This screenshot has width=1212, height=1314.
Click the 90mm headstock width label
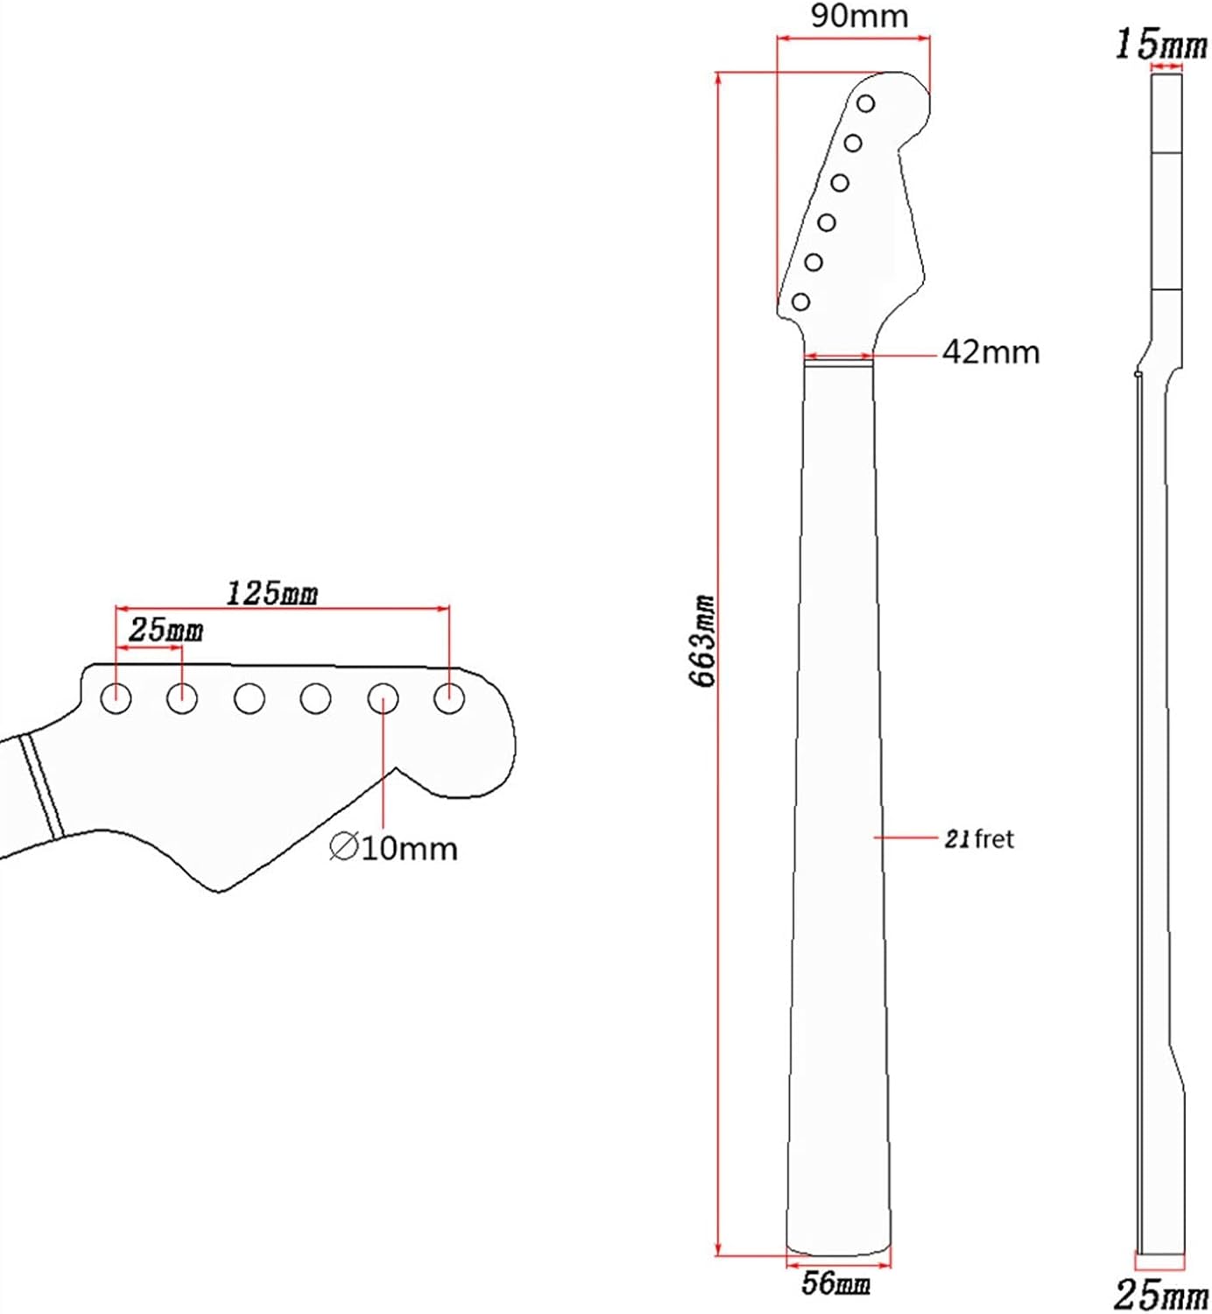pyautogui.click(x=858, y=16)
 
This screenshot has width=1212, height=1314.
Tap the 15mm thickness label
pyautogui.click(x=1160, y=44)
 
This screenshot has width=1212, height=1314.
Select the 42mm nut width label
pyautogui.click(x=990, y=352)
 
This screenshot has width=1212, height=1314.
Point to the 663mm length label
pyautogui.click(x=704, y=641)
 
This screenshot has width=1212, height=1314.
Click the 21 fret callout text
pyautogui.click(x=978, y=839)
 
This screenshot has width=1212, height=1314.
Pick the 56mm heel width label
pyautogui.click(x=836, y=1285)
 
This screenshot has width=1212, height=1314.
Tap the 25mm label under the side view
pyautogui.click(x=1160, y=1294)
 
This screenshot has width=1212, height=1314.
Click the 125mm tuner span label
pyautogui.click(x=272, y=593)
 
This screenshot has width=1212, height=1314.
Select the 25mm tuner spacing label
pyautogui.click(x=166, y=630)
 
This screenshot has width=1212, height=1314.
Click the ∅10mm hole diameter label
pyautogui.click(x=393, y=848)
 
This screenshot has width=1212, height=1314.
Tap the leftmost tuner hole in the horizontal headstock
pyautogui.click(x=116, y=699)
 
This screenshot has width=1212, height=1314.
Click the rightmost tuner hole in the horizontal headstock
pyautogui.click(x=449, y=699)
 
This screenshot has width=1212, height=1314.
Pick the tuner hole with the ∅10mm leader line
pyautogui.click(x=383, y=699)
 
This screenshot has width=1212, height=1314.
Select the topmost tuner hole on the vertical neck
pyautogui.click(x=865, y=104)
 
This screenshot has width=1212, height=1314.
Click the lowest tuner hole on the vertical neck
pyautogui.click(x=800, y=302)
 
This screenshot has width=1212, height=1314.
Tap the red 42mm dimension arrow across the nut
pyautogui.click(x=838, y=357)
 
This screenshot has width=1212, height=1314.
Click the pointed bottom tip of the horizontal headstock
pyautogui.click(x=219, y=891)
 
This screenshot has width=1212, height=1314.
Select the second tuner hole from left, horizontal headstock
pyautogui.click(x=182, y=699)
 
